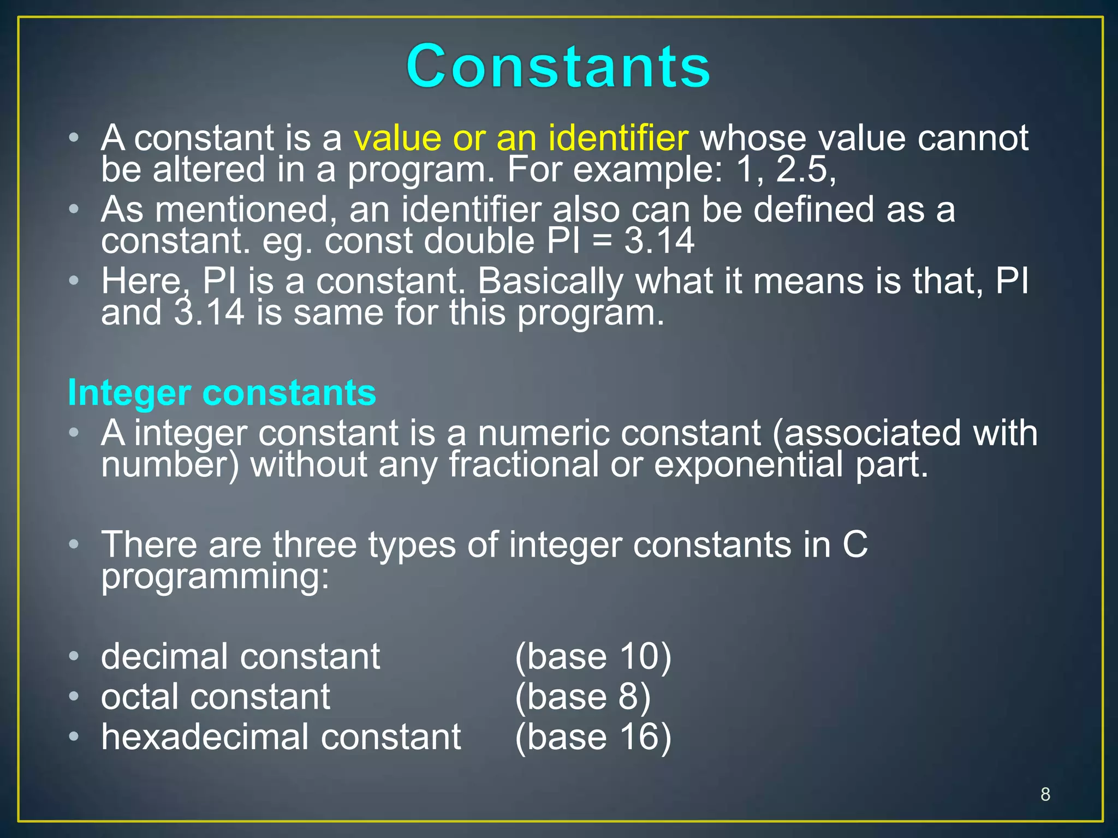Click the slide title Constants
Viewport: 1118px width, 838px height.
click(558, 67)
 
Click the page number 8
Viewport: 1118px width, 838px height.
click(1045, 794)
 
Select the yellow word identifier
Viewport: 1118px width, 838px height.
click(618, 138)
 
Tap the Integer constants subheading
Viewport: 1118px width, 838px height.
click(222, 393)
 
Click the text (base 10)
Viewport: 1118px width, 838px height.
click(593, 656)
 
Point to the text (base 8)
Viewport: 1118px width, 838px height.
click(582, 697)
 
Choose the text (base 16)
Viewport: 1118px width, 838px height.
click(593, 737)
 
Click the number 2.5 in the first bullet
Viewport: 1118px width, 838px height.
click(805, 170)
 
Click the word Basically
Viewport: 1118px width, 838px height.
click(550, 282)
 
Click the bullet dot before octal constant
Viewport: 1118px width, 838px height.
click(74, 697)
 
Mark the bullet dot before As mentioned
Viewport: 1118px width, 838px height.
click(74, 209)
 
